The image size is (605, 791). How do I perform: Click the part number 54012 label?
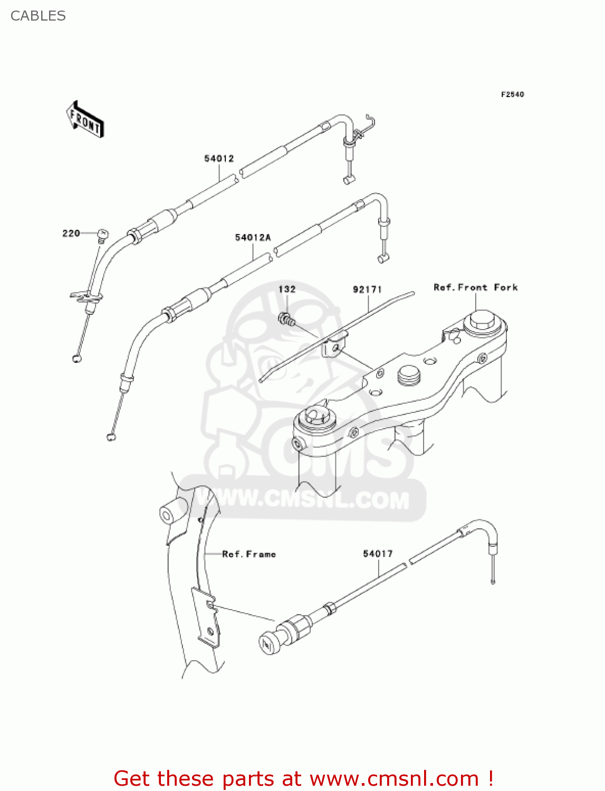[219, 158]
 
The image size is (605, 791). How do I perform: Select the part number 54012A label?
[253, 238]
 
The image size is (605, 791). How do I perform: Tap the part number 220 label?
[71, 233]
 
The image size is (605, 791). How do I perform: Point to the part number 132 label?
[287, 289]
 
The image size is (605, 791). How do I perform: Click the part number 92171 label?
[367, 290]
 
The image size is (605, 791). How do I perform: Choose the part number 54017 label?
[378, 554]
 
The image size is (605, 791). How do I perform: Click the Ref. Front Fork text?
[475, 287]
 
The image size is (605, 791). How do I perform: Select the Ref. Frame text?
[249, 554]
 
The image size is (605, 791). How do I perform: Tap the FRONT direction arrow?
[85, 120]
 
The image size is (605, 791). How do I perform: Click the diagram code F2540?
[512, 94]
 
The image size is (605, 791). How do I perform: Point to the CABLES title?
[38, 16]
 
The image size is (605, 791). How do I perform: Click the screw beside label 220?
[102, 234]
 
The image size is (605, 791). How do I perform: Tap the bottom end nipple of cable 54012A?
[111, 436]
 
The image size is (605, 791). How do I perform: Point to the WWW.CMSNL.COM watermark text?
[311, 499]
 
